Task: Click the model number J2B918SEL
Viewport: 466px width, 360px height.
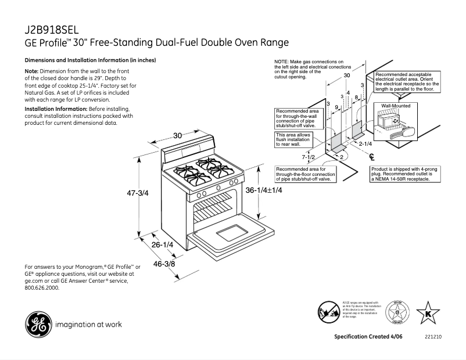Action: [51, 30]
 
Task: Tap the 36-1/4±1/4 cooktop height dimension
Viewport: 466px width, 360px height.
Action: [264, 190]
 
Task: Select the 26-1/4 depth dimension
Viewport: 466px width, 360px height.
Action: [163, 245]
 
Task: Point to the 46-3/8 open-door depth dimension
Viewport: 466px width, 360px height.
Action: [165, 264]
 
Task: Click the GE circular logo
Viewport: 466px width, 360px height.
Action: [37, 324]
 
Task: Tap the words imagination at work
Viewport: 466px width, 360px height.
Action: [88, 325]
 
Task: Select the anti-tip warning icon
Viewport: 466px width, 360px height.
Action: [328, 311]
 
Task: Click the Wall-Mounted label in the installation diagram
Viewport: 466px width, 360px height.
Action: [396, 106]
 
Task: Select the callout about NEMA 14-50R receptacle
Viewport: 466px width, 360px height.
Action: [402, 175]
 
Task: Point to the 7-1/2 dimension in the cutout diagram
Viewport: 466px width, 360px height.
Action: [309, 157]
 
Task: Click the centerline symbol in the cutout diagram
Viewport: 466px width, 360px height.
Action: [372, 156]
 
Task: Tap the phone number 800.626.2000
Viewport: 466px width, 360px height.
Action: [42, 287]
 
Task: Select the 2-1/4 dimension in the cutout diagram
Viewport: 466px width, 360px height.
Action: [365, 143]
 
